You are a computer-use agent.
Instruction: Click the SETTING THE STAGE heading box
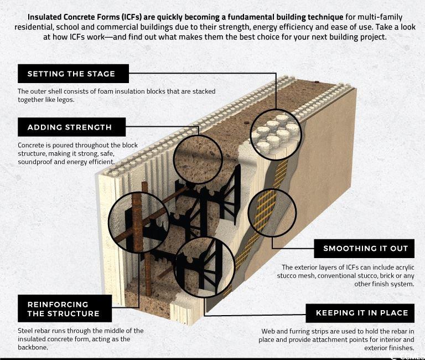point(73,74)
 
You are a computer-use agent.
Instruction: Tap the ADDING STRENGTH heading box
point(71,127)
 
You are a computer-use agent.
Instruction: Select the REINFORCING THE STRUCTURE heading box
point(65,308)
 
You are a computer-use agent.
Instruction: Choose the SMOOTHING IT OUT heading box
point(364,249)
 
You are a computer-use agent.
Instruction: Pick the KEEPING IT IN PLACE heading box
point(360,313)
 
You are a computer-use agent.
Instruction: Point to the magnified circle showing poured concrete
point(198,160)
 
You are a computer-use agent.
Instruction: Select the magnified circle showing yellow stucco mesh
point(272,213)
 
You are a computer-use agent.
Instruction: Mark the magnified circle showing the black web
point(205,267)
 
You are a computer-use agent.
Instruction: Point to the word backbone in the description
point(33,347)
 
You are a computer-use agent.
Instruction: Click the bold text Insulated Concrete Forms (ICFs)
point(85,17)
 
